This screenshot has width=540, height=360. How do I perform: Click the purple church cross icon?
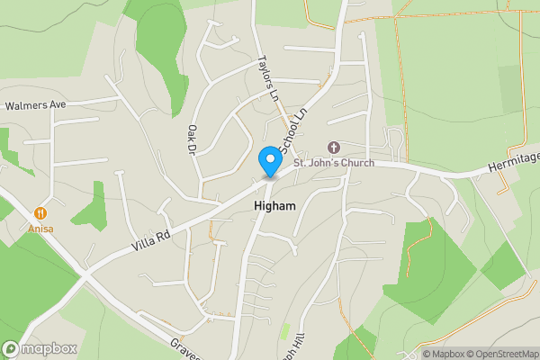(334, 147)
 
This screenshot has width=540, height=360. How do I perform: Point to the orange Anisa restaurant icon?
(40, 213)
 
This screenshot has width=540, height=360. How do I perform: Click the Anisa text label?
(40, 229)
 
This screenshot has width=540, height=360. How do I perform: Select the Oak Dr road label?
(192, 139)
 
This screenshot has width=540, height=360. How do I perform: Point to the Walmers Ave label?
(36, 105)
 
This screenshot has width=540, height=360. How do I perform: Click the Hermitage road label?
(512, 158)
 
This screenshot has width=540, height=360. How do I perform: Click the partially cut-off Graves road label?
(184, 348)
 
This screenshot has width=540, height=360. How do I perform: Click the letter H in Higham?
(247, 206)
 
